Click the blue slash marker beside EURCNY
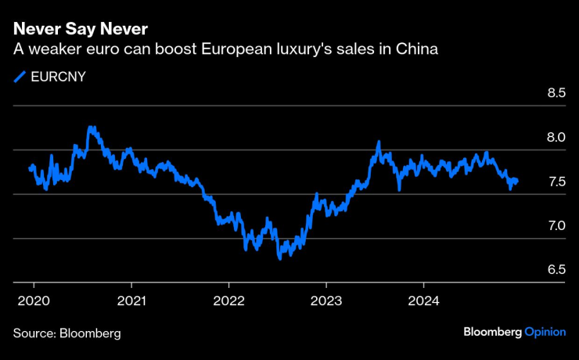tap(19, 77)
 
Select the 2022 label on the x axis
tap(228, 301)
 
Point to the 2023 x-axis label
tap(325, 301)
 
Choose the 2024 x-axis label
tap(423, 301)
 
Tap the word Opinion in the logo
tap(545, 332)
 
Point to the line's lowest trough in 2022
tap(279, 257)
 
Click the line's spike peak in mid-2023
tap(379, 142)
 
